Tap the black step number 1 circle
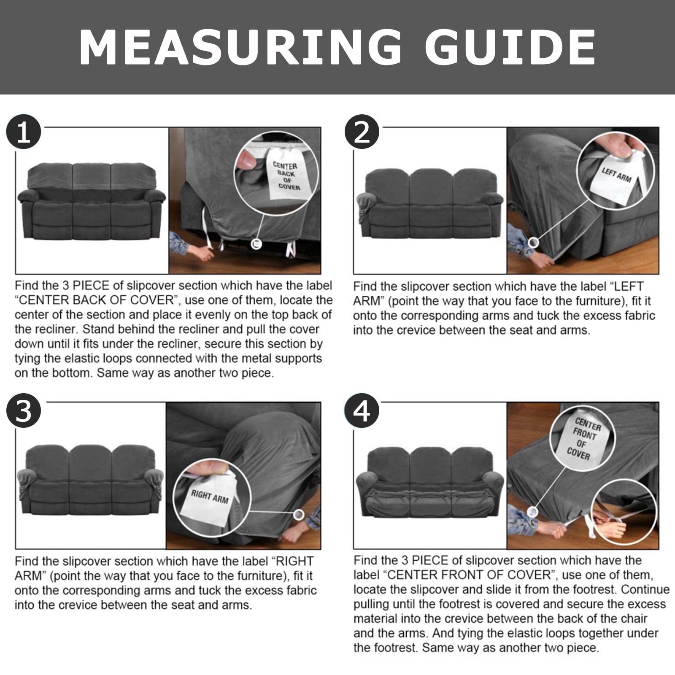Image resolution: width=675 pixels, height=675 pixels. (24, 132)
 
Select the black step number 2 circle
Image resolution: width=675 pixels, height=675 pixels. (362, 132)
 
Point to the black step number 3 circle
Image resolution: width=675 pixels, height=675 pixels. (24, 411)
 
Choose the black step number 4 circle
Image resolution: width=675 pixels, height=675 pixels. (362, 411)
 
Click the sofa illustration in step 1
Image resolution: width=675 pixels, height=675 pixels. (92, 200)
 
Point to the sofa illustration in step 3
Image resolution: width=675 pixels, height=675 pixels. (90, 480)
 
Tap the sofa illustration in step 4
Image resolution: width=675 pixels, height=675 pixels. (430, 482)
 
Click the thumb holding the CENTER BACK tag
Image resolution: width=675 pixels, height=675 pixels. (246, 161)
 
